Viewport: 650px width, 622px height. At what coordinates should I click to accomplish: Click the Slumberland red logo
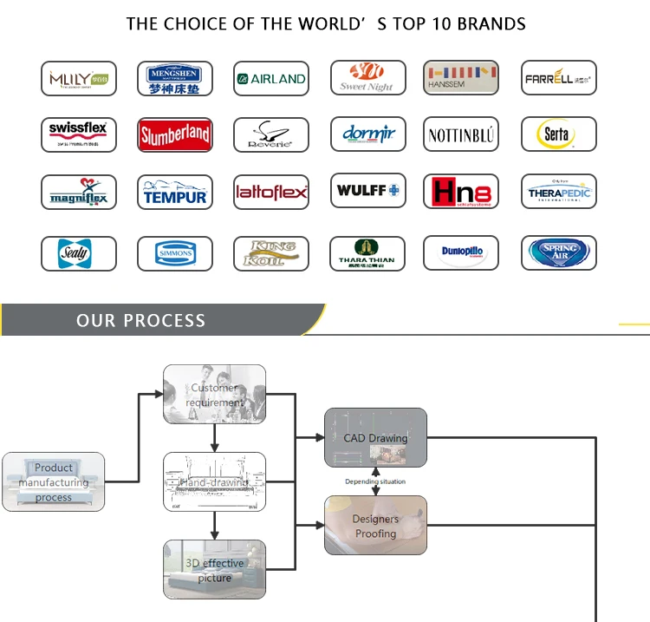point(175,134)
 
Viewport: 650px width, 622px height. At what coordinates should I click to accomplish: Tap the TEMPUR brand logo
point(175,192)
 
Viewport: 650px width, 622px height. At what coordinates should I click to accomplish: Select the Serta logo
point(558,134)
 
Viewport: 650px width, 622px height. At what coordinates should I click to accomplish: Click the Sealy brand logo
point(78,253)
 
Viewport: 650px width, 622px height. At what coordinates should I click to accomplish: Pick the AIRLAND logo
point(271,78)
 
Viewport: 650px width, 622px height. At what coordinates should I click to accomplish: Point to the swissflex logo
point(78,134)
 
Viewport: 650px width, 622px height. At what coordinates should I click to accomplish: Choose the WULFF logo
point(367,191)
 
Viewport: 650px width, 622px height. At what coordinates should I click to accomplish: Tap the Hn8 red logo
point(461,192)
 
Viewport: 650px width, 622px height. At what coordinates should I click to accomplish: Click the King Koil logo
point(271,253)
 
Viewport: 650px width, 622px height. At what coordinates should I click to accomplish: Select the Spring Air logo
point(558,253)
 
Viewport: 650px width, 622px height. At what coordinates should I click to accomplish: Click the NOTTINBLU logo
point(461,134)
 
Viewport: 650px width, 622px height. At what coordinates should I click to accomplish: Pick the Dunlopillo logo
point(461,253)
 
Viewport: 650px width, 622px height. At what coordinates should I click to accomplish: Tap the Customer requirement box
point(215,395)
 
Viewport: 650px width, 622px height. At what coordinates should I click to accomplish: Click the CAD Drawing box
point(375,437)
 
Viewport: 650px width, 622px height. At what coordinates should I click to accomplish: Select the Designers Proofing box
point(375,526)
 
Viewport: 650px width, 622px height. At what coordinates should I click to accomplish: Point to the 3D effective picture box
point(215,570)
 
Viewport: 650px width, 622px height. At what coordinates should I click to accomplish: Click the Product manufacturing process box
point(54,481)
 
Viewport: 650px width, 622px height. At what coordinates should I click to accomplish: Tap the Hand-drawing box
point(215,481)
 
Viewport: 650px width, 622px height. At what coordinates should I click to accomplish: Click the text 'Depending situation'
point(375,481)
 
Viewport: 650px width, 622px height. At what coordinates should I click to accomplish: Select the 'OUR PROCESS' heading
point(141,321)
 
